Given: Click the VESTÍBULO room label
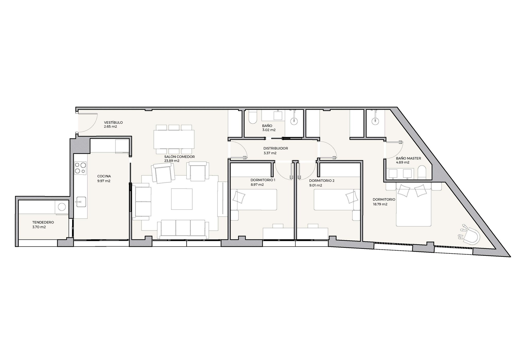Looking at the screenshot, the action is pos(113,122).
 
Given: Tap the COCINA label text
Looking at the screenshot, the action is pos(104,176).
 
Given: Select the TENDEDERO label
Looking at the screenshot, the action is pos(43,222).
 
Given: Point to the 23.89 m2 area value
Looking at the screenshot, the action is pos(172,161).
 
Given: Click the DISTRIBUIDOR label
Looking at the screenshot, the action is pos(276,148).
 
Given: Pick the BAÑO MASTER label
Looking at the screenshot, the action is pos(408,158).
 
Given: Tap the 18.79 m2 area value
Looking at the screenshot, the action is pos(380,204).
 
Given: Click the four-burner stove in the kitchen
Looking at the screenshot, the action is pos(81,168).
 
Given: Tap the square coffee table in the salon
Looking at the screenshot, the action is pos(182,199).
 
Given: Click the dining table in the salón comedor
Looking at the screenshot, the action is pos(174,139).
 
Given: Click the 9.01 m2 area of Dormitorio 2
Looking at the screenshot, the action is pos(316,185).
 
